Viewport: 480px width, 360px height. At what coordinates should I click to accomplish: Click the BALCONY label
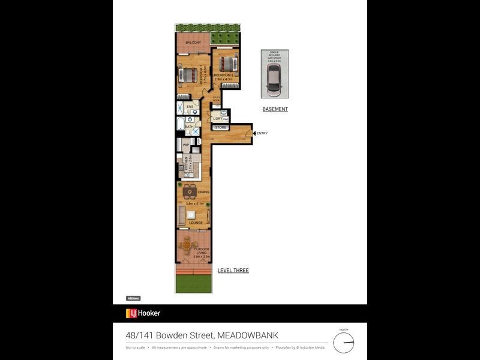[193, 43]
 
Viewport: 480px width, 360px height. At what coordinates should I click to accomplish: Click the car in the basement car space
[274, 77]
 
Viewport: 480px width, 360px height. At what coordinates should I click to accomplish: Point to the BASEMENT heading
[275, 109]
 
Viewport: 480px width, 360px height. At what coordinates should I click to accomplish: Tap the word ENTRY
[262, 133]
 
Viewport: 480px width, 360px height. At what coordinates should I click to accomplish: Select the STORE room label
[220, 127]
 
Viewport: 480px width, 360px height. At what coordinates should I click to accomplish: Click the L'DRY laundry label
[217, 119]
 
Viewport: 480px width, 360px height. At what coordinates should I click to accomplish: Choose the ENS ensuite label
[190, 107]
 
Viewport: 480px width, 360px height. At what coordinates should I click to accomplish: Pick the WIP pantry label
[186, 145]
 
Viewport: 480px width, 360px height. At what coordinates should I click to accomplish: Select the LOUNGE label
[196, 223]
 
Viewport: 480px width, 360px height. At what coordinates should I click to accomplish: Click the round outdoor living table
[187, 245]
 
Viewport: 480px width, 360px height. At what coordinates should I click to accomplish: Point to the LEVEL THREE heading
[233, 271]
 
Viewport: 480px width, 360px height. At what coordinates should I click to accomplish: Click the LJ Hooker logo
[143, 313]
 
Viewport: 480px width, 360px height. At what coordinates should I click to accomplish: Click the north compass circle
[344, 342]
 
